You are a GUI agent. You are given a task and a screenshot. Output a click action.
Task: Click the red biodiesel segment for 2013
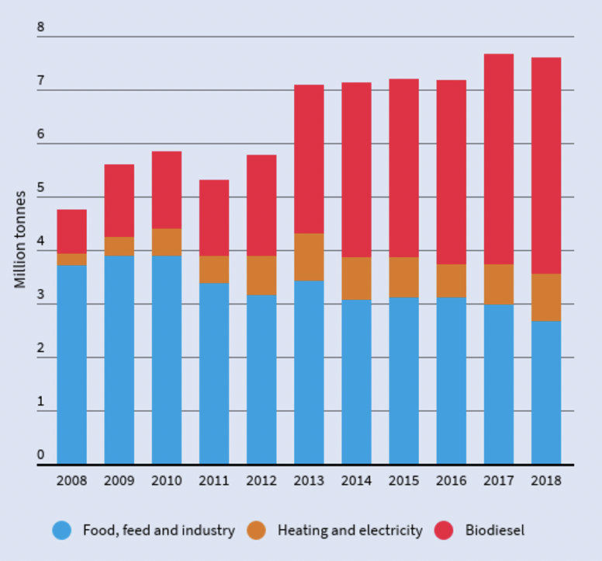(x=309, y=159)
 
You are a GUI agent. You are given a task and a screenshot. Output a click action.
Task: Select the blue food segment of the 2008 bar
(x=71, y=364)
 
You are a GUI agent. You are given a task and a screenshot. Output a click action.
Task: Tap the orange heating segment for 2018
(x=546, y=298)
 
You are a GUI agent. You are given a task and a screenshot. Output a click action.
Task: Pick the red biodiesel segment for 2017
(x=499, y=159)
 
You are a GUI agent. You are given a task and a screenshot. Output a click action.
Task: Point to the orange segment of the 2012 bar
(x=261, y=275)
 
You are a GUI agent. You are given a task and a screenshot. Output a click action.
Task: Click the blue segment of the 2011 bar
(x=214, y=373)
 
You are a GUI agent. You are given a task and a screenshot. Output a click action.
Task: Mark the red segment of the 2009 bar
(x=119, y=200)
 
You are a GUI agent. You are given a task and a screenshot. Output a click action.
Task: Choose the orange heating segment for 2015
(x=404, y=277)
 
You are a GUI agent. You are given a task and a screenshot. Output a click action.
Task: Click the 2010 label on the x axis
(x=167, y=481)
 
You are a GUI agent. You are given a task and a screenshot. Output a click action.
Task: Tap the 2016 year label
(x=451, y=481)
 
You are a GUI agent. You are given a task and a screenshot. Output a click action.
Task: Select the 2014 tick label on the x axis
(x=356, y=481)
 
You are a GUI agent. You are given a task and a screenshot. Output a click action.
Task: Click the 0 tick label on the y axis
(x=41, y=455)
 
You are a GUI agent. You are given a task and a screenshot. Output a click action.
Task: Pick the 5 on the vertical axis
(x=41, y=188)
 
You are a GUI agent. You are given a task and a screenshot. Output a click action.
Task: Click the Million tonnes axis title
(x=20, y=239)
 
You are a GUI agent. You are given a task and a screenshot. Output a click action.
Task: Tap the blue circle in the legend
(x=62, y=531)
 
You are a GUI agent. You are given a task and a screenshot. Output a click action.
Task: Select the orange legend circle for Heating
(x=256, y=531)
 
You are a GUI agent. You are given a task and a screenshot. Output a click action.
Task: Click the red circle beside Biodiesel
(x=445, y=531)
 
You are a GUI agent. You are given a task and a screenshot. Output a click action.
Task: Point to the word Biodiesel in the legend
(x=495, y=531)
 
